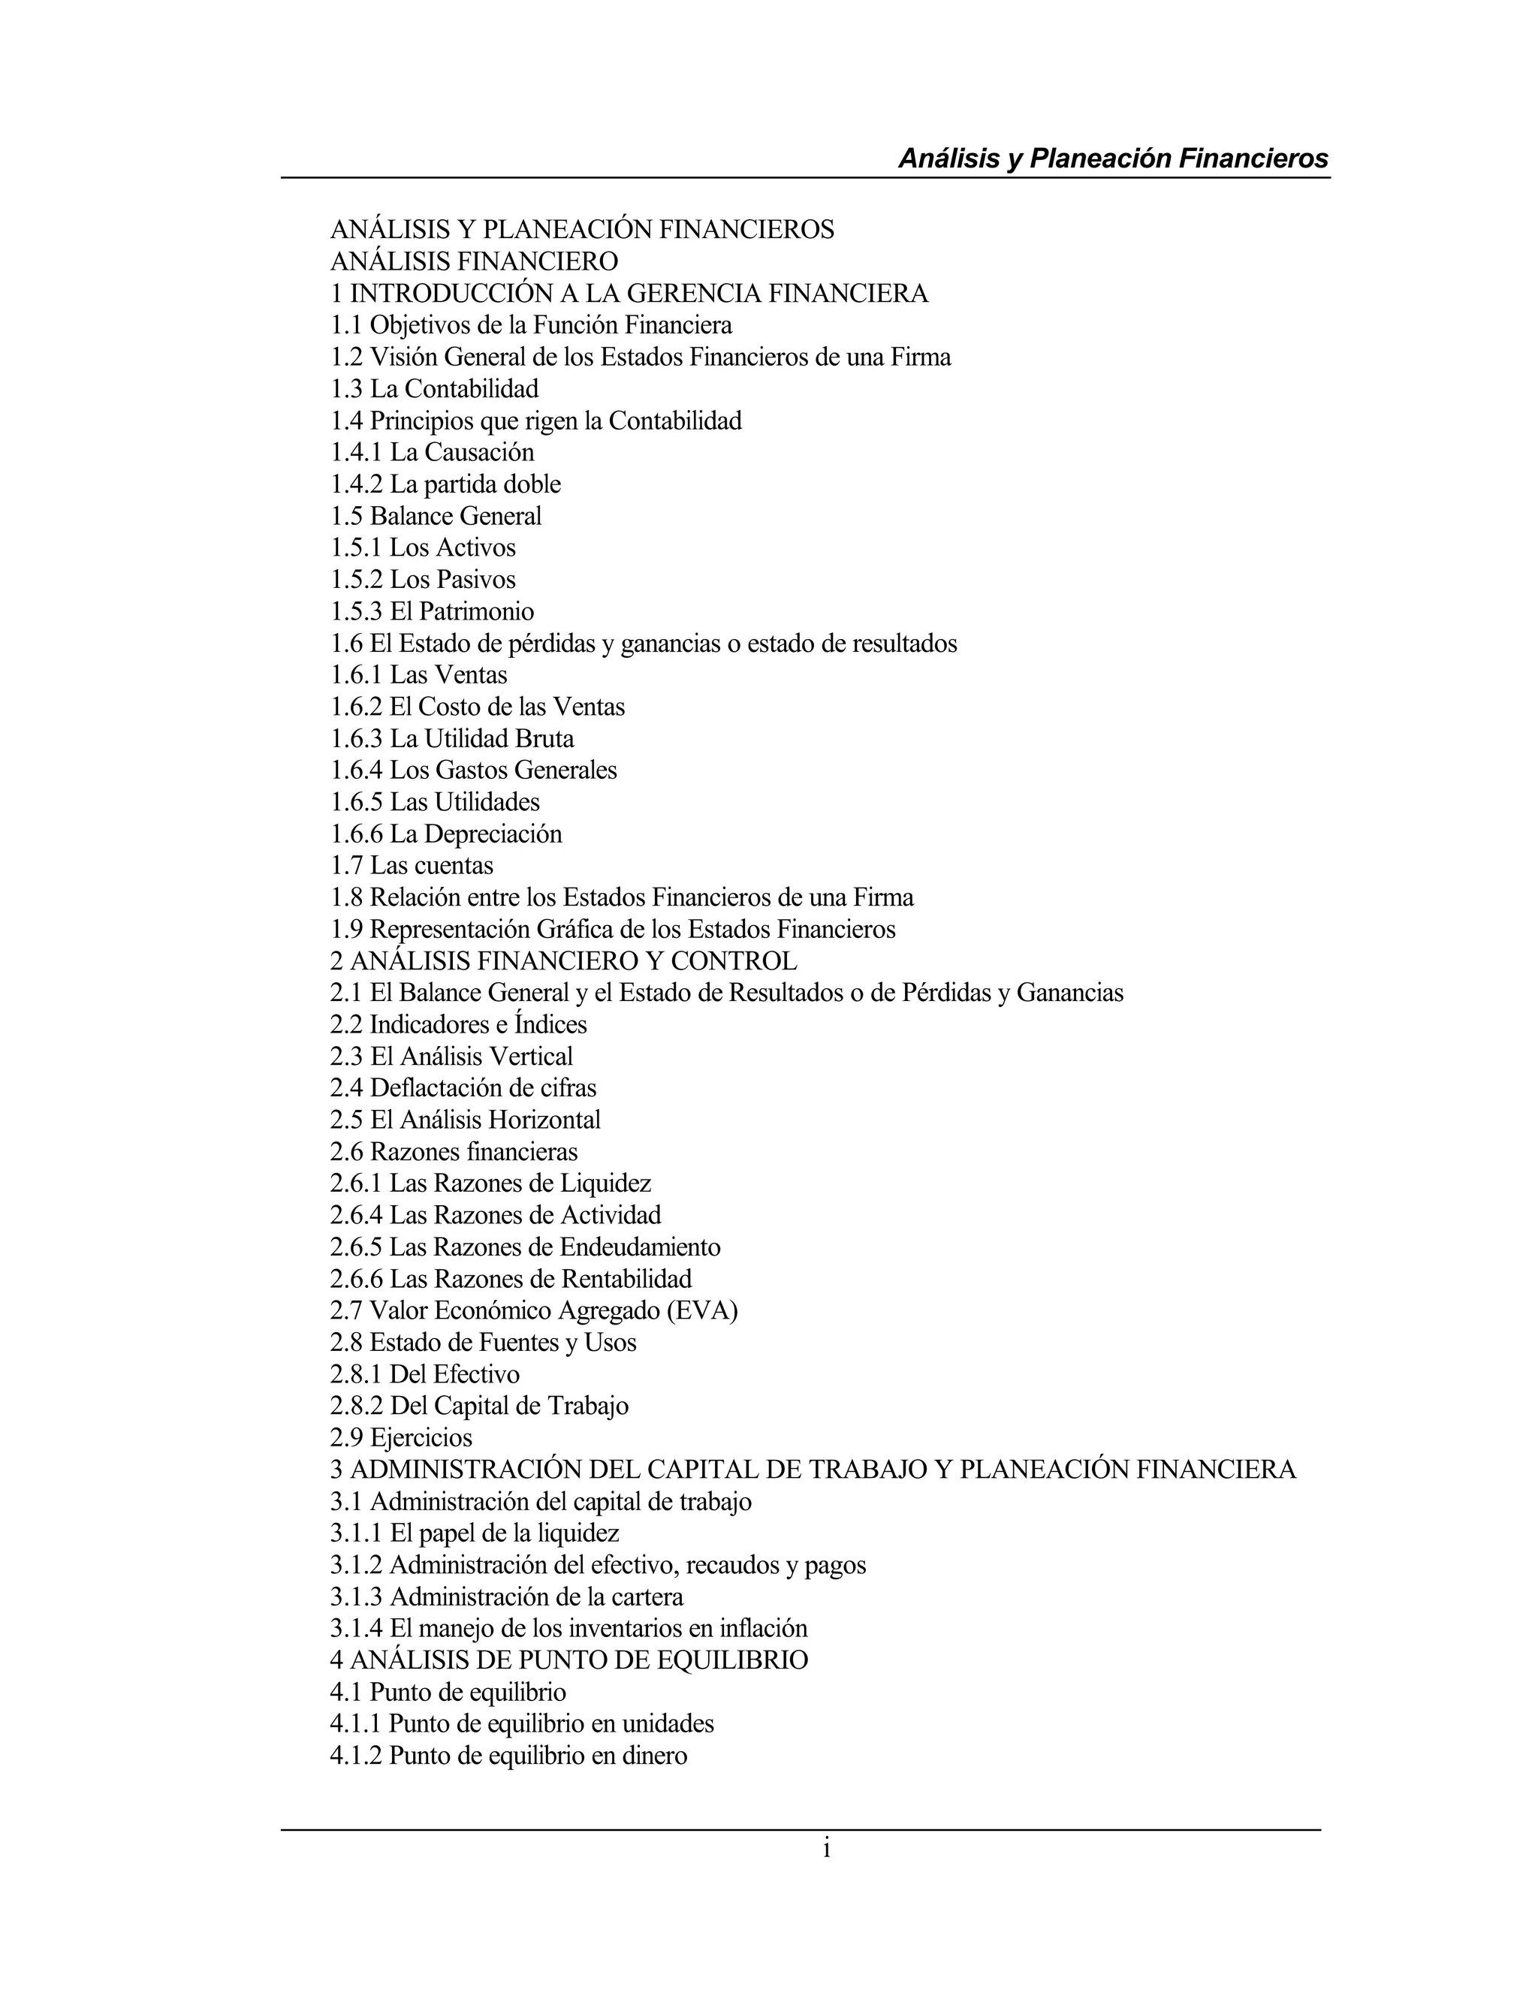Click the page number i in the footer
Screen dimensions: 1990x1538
pyautogui.click(x=826, y=1849)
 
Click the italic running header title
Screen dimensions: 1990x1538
pyautogui.click(x=1114, y=158)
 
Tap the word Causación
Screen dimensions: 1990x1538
pyautogui.click(x=479, y=453)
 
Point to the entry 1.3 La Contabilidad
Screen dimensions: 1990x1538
pyautogui.click(x=435, y=389)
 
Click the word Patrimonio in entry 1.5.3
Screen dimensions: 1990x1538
pyautogui.click(x=477, y=611)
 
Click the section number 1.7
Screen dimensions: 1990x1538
pyautogui.click(x=346, y=866)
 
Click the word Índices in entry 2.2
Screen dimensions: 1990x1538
pyautogui.click(x=550, y=1024)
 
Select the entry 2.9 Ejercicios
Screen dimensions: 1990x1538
pyautogui.click(x=401, y=1438)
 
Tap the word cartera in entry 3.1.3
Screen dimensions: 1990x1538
pyautogui.click(x=647, y=1597)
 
